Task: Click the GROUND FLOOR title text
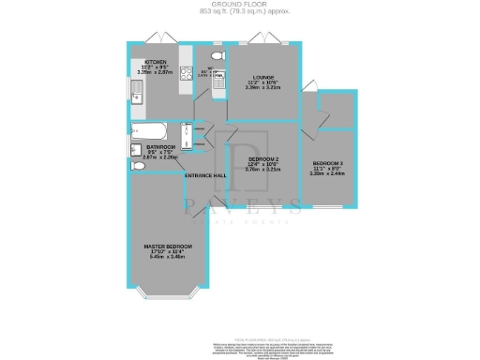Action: [x=239, y=5]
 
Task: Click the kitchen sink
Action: [x=138, y=92]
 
